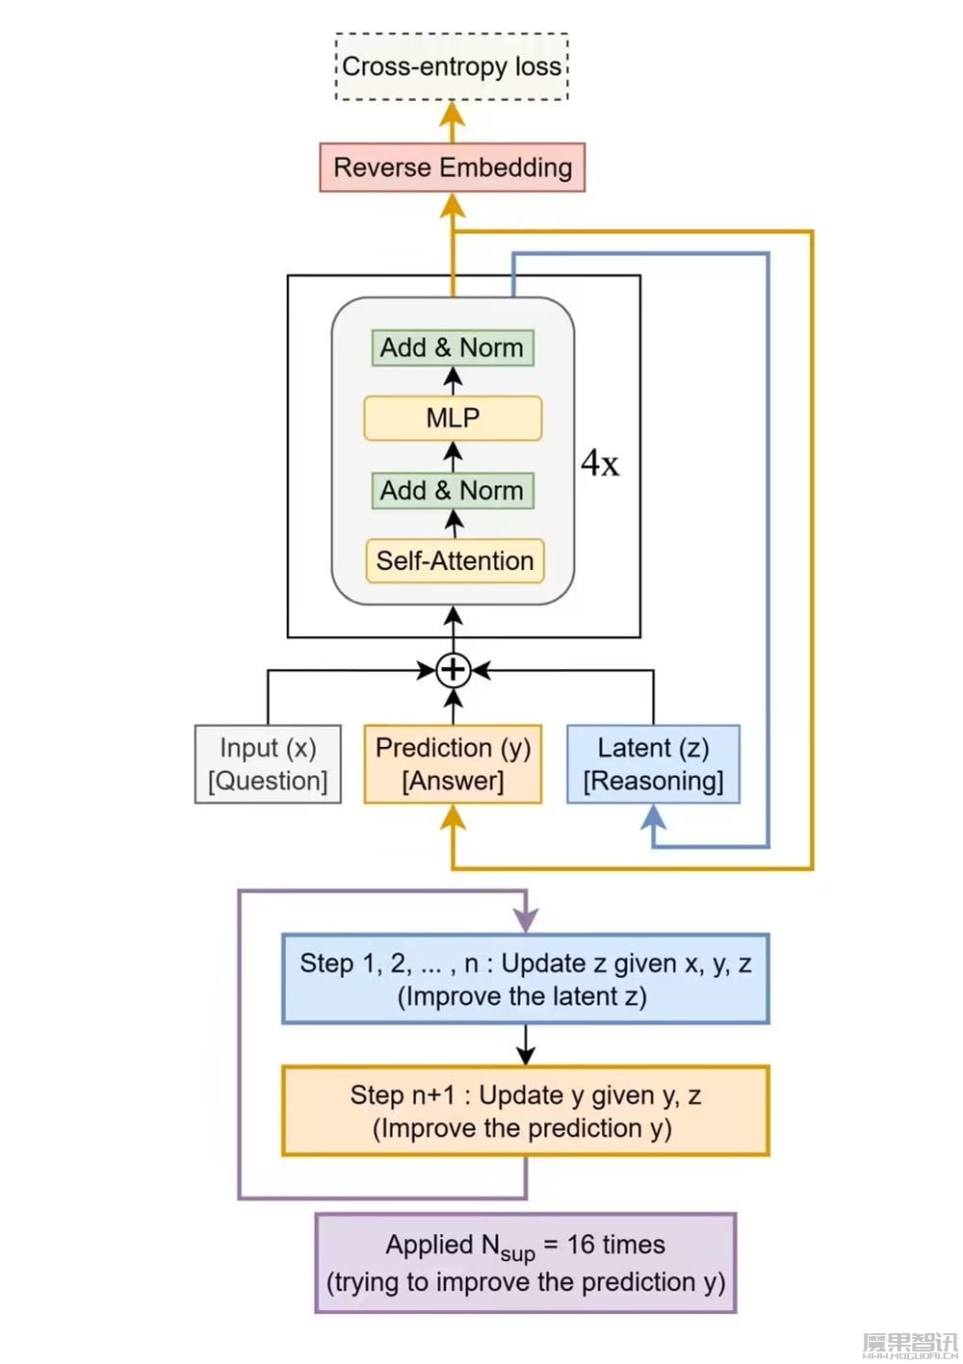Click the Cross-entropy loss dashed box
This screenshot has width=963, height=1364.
coord(452,66)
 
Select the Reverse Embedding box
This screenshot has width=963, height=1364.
coord(452,167)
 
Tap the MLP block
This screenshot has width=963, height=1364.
coord(453,418)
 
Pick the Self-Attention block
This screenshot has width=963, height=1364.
coord(455,560)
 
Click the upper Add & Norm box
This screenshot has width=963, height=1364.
coord(453,347)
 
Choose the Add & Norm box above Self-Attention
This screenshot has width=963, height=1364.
coord(453,490)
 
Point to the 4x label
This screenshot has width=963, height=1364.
coord(599,464)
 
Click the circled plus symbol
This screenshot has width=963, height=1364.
coord(453,670)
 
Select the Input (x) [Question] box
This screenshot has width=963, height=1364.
coord(268,764)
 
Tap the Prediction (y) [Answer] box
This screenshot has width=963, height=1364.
coord(453,764)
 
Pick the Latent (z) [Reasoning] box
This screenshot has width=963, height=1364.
coord(653,764)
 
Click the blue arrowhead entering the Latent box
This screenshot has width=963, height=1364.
coord(654,817)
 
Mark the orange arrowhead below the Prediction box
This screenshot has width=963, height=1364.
coord(453,817)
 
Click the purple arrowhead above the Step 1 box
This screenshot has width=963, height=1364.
coord(526,920)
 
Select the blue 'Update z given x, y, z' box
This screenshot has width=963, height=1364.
coord(525,978)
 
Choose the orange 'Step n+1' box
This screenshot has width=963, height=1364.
coord(525,1111)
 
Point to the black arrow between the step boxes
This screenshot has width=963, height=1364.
coord(526,1044)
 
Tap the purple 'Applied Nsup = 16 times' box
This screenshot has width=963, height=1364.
coord(526,1263)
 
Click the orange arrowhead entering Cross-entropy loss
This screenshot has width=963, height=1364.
coord(452,115)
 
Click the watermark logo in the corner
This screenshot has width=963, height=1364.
coord(909,1345)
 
